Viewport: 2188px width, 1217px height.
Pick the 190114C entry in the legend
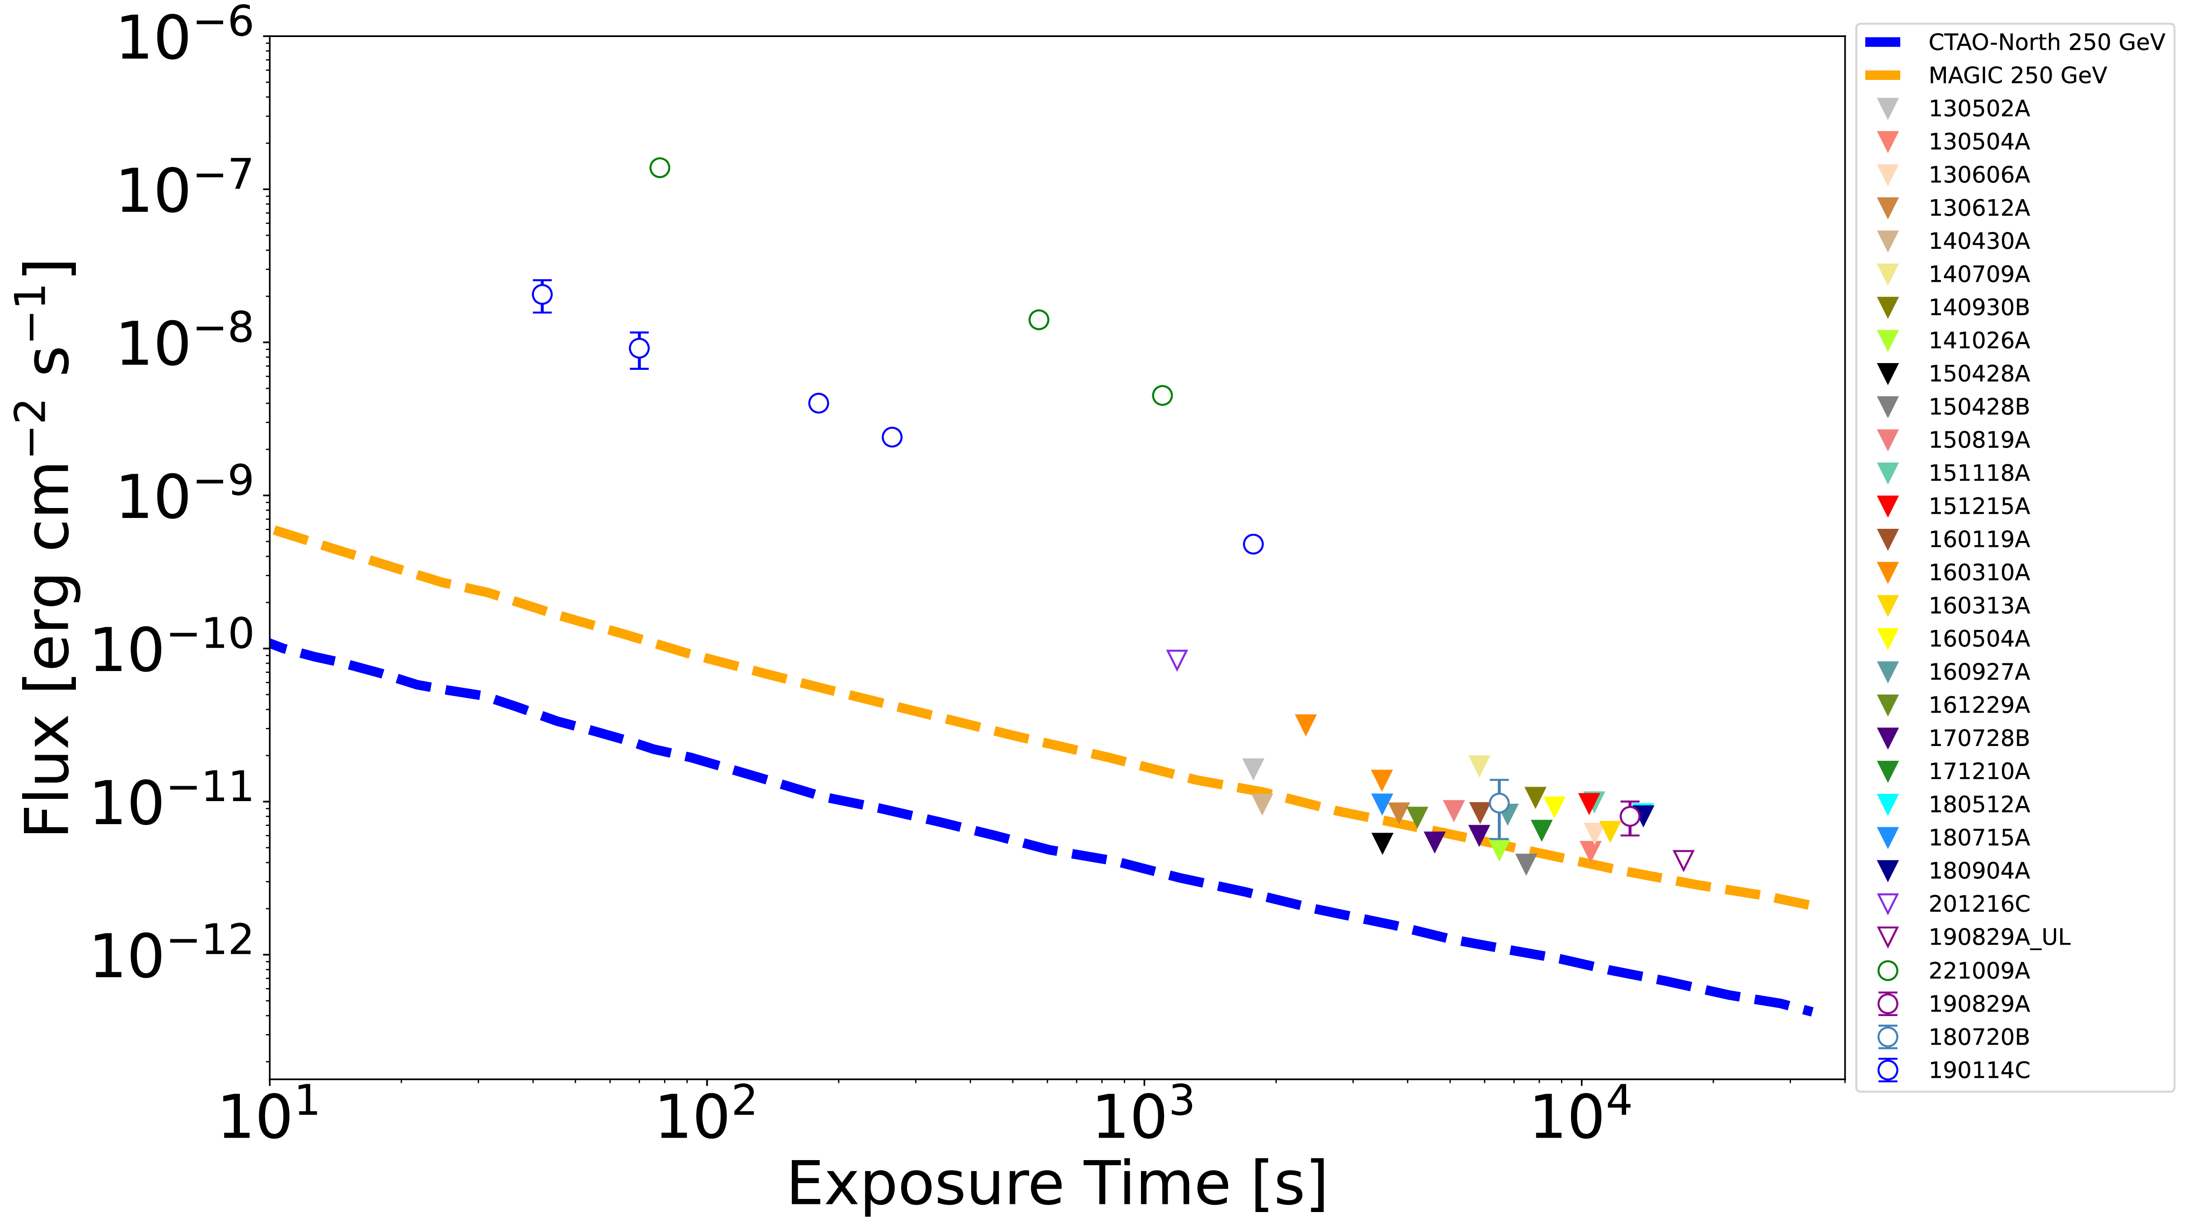click(x=1978, y=1070)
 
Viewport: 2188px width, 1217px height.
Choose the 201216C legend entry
click(x=1978, y=904)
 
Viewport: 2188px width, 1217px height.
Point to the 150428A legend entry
click(x=1978, y=373)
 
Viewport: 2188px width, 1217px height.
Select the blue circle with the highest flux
click(x=542, y=295)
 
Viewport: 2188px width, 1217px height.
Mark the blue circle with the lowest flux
click(x=1253, y=545)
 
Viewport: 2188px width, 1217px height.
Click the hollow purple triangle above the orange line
click(x=1176, y=659)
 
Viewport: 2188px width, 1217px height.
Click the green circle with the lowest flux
click(x=1162, y=396)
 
